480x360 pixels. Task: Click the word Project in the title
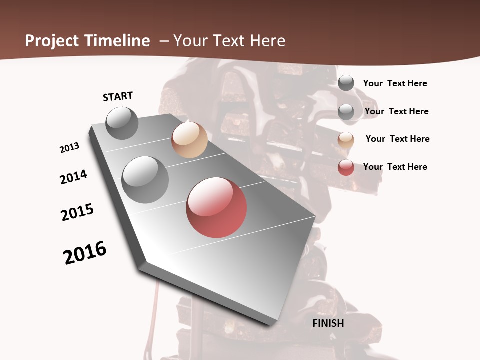click(52, 41)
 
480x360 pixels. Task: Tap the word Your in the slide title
click(189, 41)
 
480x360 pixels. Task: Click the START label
click(118, 96)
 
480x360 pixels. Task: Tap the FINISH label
click(328, 323)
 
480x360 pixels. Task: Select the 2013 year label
click(69, 148)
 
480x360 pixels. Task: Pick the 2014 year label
click(73, 177)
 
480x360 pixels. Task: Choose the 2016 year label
click(85, 253)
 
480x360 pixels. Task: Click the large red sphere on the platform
click(216, 207)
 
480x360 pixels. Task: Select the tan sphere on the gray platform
click(189, 140)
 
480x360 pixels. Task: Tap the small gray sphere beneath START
click(122, 123)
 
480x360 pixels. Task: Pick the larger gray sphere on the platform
click(145, 179)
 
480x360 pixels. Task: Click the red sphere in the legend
click(346, 167)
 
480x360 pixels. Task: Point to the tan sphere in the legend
click(346, 140)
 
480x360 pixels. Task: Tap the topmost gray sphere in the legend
click(346, 83)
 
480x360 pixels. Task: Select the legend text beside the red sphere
click(395, 167)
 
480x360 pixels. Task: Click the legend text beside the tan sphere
click(397, 139)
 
